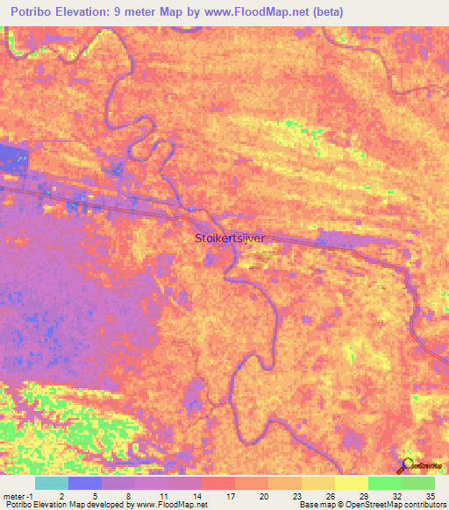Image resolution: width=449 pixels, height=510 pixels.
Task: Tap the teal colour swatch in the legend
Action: pyautogui.click(x=51, y=483)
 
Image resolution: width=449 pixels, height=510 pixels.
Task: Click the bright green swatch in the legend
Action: pyautogui.click(x=384, y=483)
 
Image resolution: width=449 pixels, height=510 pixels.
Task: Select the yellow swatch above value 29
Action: pyautogui.click(x=351, y=483)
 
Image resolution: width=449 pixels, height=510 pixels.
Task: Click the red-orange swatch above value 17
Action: pyautogui.click(x=217, y=483)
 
